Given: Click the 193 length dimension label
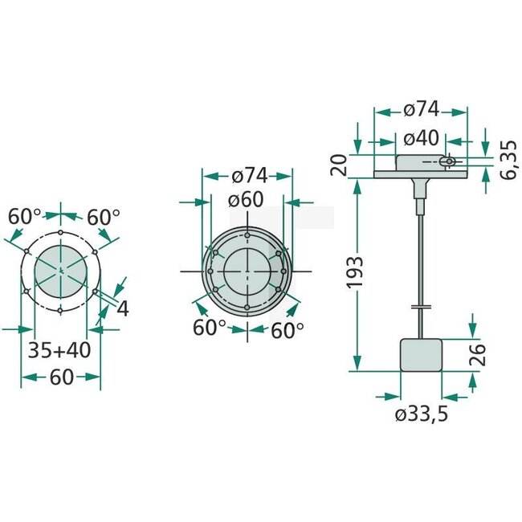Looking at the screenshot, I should click(x=358, y=272).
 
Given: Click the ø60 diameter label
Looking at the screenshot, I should click(x=246, y=201).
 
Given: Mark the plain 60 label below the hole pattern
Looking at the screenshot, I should click(x=60, y=377).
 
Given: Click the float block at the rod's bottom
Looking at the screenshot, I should click(x=422, y=354).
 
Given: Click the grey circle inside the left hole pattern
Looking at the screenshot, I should click(x=60, y=271).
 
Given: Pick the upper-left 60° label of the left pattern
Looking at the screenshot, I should click(x=24, y=217).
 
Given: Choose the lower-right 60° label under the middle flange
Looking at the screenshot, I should click(x=288, y=329).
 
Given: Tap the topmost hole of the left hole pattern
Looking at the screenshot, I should click(x=60, y=234).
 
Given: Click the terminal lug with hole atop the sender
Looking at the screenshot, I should click(x=451, y=163).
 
